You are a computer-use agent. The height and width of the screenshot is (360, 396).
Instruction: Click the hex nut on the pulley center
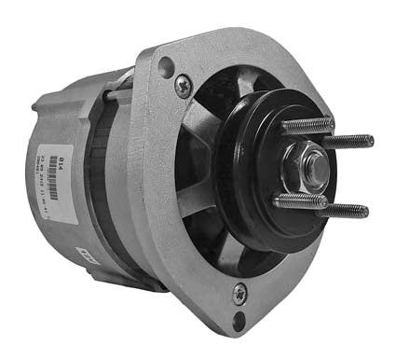[x=314, y=168]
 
